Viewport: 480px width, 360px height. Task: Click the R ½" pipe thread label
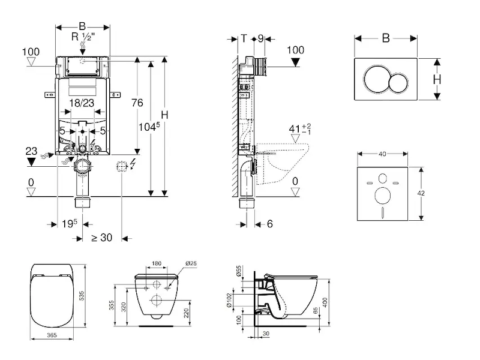point(83,38)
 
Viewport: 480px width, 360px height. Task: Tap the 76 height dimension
point(137,103)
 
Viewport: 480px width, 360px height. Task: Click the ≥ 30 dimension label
point(101,238)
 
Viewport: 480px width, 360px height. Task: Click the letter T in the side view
point(244,38)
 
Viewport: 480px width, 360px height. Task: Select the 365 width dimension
point(52,335)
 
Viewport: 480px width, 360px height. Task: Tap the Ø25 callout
point(191,263)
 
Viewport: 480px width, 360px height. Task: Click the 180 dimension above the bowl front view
point(157,263)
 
